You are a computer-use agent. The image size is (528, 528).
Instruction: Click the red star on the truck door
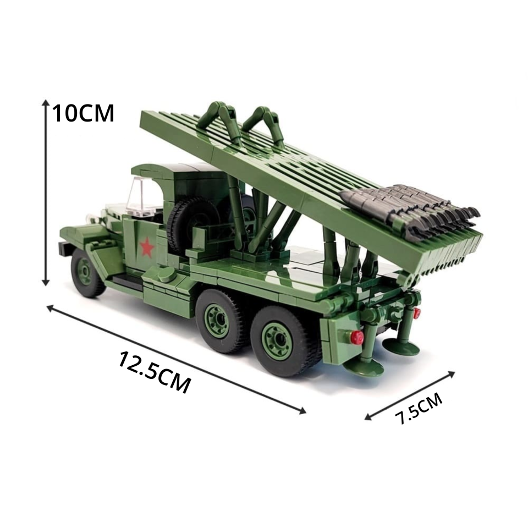pos(147,248)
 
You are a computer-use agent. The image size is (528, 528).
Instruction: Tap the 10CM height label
pos(83,113)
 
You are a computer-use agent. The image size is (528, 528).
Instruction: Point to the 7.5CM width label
pos(419,409)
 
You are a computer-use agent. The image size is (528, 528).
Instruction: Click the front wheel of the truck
pos(86,273)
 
